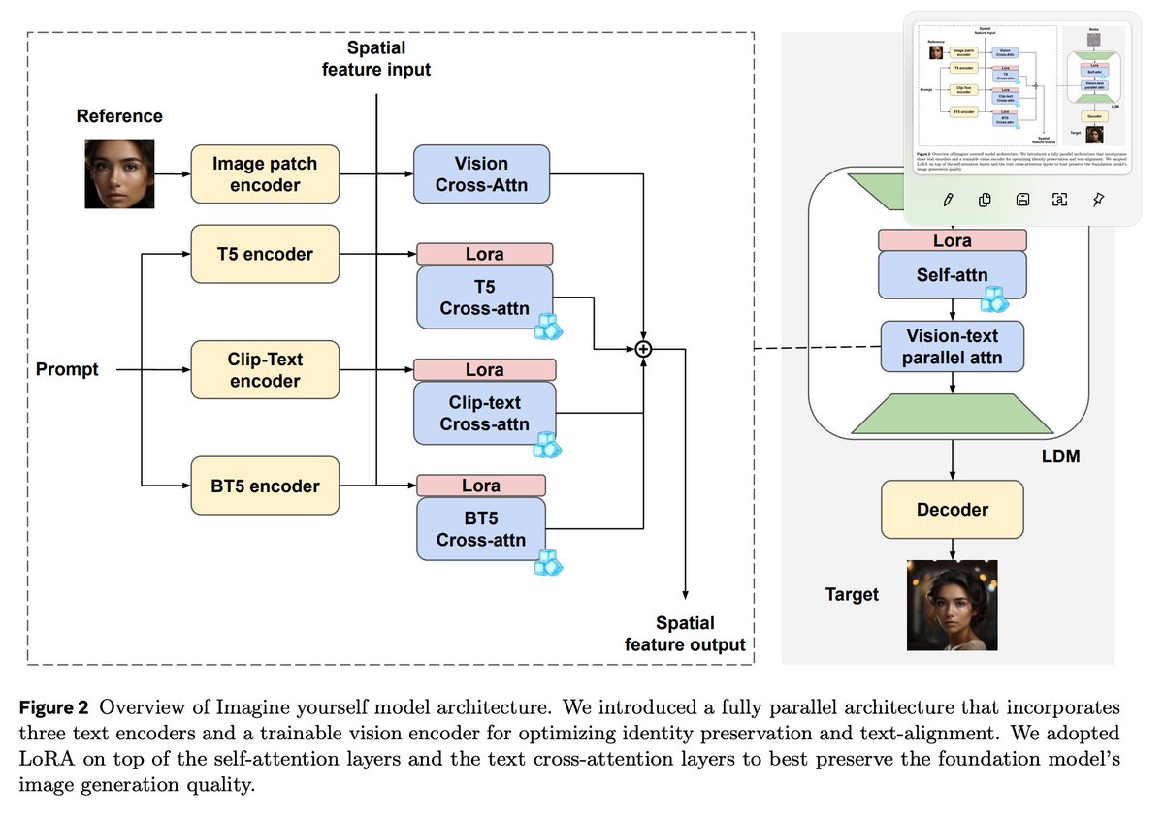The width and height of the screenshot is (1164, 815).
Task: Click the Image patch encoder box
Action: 265,174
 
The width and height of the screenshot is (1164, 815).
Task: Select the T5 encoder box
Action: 265,254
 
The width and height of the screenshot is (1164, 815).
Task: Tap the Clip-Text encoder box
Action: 265,369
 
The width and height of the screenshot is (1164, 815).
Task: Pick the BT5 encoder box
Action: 265,486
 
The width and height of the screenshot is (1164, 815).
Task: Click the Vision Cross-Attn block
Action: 481,174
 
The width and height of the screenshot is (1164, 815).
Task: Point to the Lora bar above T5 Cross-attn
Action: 484,254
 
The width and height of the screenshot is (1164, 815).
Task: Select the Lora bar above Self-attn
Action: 952,240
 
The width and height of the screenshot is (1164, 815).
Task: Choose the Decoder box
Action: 952,510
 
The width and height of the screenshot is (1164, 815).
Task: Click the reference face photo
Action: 119,174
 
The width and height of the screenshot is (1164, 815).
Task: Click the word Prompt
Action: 67,369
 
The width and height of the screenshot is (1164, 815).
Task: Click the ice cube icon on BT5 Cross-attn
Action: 549,562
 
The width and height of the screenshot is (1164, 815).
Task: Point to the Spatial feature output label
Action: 685,634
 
